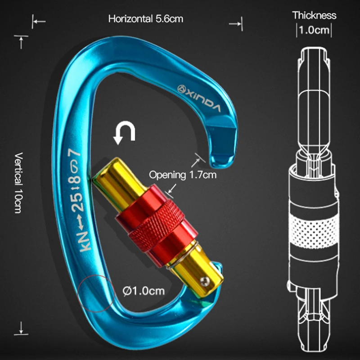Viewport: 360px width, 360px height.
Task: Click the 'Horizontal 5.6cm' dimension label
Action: [145, 19]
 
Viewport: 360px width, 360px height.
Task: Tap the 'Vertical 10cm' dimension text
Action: [18, 182]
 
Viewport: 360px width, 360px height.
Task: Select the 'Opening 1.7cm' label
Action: [182, 175]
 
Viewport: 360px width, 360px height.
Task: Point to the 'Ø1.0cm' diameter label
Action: [144, 291]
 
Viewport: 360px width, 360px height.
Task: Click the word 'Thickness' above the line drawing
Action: [314, 15]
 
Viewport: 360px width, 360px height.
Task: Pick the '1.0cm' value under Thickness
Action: [314, 31]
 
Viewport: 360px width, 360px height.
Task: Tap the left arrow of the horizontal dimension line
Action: [39, 21]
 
